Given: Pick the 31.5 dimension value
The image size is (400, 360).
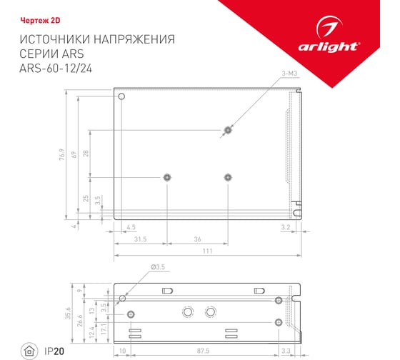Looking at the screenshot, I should (140, 240).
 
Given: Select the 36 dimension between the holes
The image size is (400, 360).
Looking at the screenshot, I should (197, 240).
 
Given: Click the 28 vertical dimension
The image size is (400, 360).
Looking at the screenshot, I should (86, 154).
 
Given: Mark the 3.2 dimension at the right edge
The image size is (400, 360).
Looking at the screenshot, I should (285, 227).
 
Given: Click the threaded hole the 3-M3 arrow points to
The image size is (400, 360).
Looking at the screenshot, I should (228, 130).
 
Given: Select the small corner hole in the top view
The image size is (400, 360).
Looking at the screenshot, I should (121, 96).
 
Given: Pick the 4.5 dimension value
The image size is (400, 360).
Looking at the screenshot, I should (131, 227).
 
